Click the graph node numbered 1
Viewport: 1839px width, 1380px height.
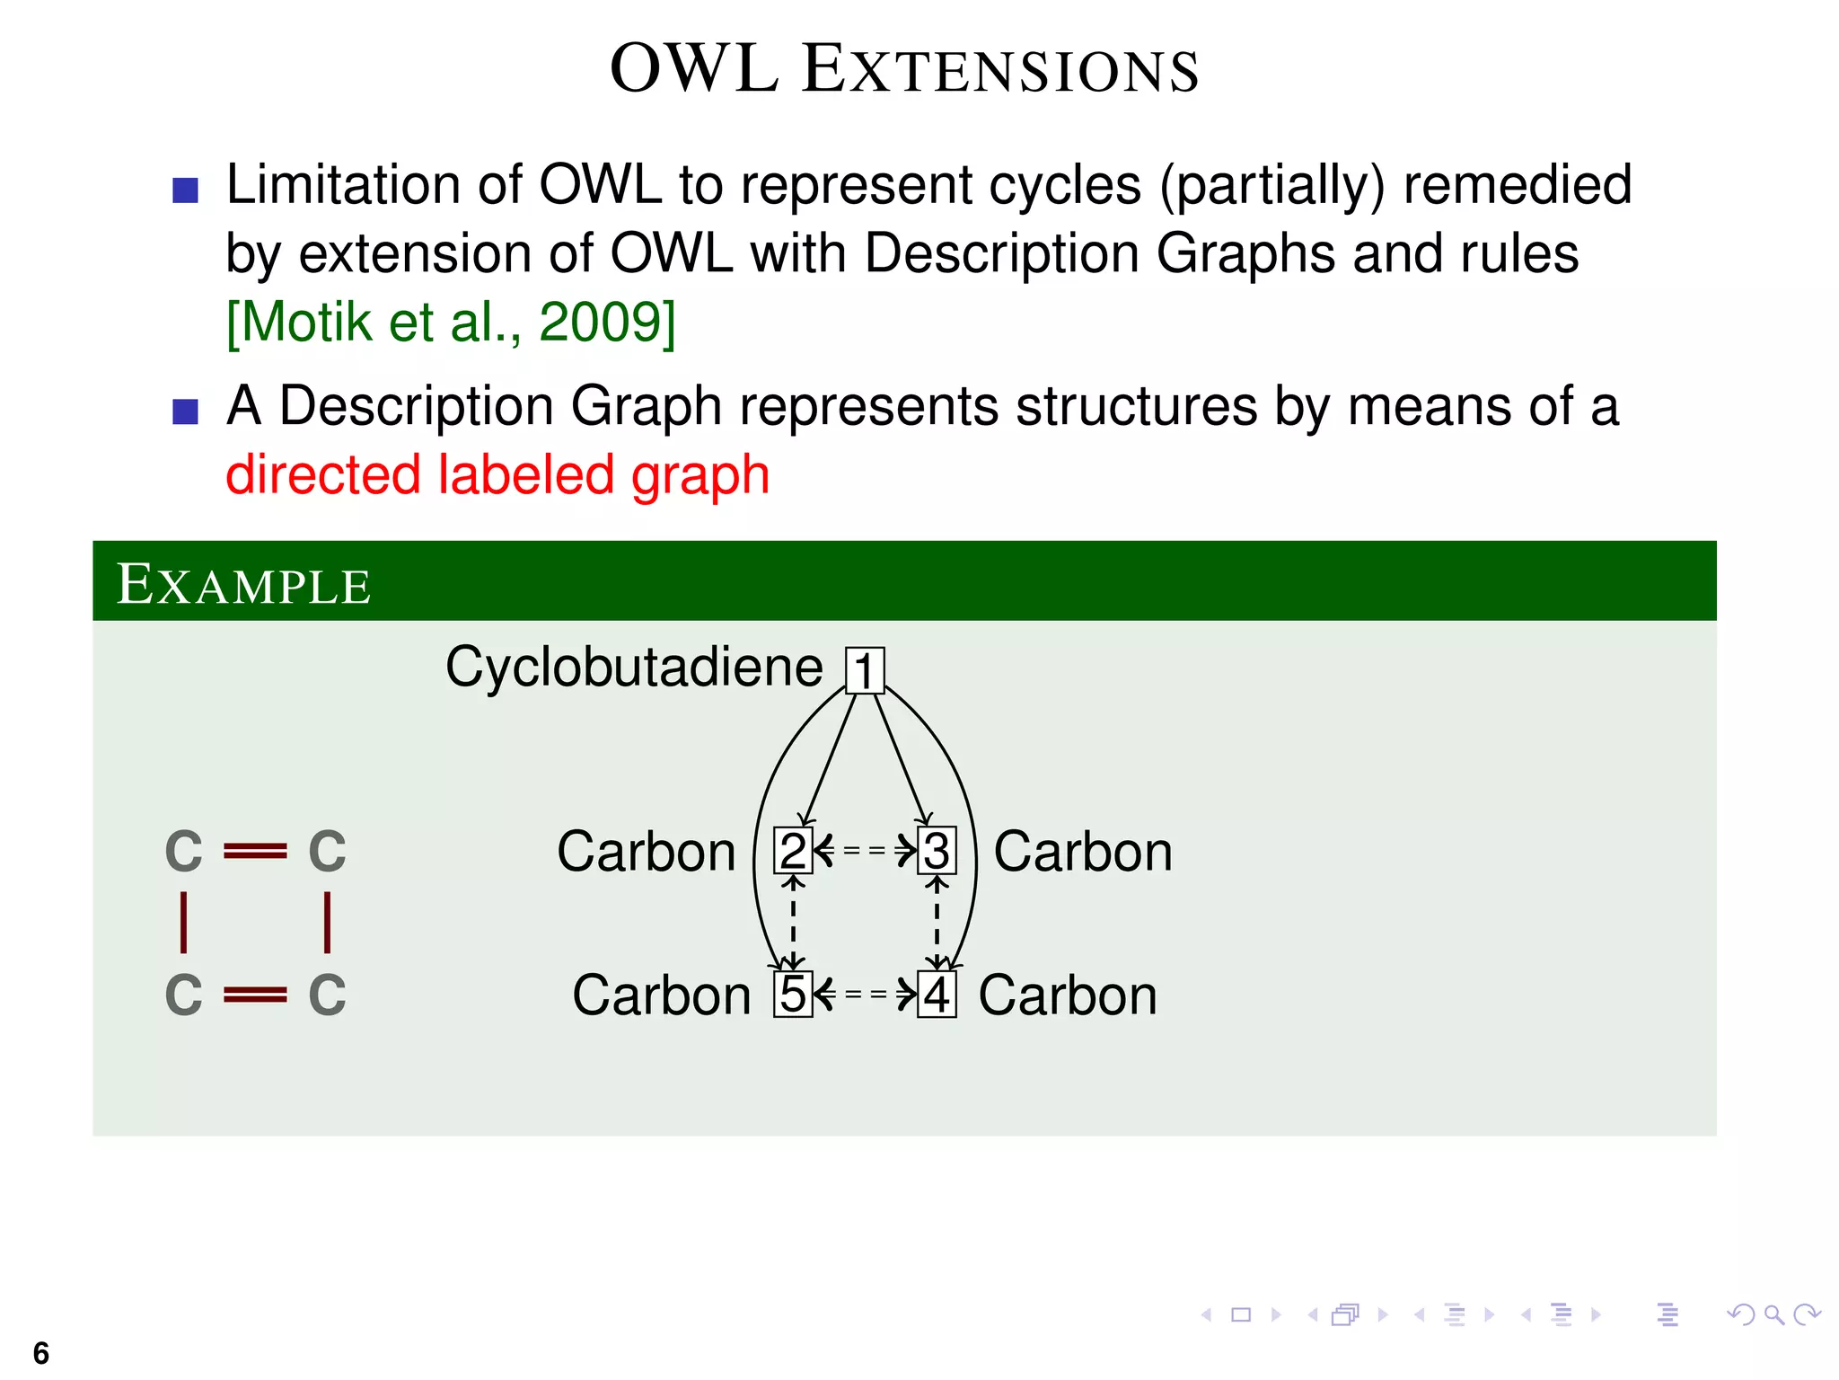pyautogui.click(x=865, y=671)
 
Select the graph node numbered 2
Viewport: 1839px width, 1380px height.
pyautogui.click(x=793, y=851)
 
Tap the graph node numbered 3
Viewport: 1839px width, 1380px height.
pyautogui.click(x=937, y=851)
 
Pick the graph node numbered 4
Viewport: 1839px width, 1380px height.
pyautogui.click(x=937, y=995)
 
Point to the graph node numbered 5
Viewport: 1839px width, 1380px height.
pyautogui.click(x=793, y=995)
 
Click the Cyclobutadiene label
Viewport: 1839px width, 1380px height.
pyautogui.click(x=634, y=668)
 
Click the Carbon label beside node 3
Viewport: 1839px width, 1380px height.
pyautogui.click(x=1083, y=852)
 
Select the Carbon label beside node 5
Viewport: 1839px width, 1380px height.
pyautogui.click(x=662, y=995)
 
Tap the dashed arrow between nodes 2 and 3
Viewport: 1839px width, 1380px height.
pyautogui.click(x=865, y=850)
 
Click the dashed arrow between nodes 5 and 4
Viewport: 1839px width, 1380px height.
pyautogui.click(x=865, y=994)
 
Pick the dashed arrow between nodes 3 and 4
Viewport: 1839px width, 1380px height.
pyautogui.click(x=937, y=923)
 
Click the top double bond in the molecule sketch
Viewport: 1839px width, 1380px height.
pyautogui.click(x=255, y=851)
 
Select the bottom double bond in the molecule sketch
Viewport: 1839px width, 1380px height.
pyautogui.click(x=255, y=995)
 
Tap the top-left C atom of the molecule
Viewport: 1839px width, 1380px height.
pyautogui.click(x=184, y=852)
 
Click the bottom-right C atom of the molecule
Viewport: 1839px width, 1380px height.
pyautogui.click(x=327, y=995)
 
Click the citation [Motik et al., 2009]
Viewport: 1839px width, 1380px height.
pyautogui.click(x=451, y=323)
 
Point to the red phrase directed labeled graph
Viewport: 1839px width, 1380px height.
pyautogui.click(x=497, y=475)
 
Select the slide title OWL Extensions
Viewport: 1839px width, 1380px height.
pyautogui.click(x=904, y=69)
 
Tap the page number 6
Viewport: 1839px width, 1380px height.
pyautogui.click(x=41, y=1353)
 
